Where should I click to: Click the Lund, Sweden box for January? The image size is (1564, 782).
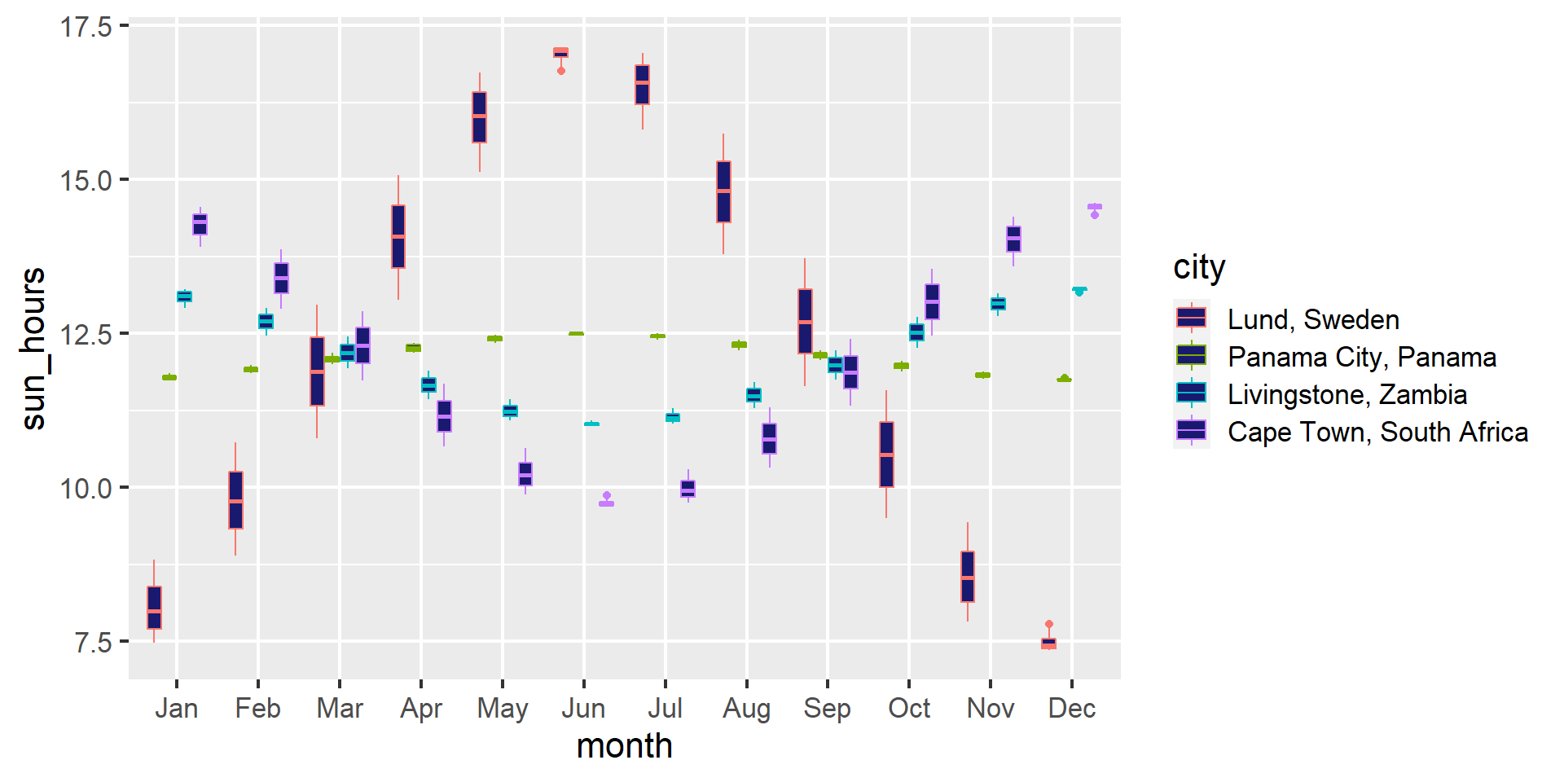click(154, 608)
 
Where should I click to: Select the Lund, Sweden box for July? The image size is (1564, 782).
click(642, 85)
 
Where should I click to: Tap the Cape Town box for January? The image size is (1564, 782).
click(200, 224)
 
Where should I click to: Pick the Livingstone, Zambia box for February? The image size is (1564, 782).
click(266, 321)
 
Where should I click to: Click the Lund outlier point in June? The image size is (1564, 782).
click(560, 71)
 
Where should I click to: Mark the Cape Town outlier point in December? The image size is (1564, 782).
click(1095, 215)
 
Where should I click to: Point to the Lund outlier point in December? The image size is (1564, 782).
click(1049, 624)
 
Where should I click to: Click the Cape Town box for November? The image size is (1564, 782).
click(1013, 239)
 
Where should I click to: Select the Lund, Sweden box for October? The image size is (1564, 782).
click(886, 455)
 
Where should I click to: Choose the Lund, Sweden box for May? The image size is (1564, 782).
click(479, 117)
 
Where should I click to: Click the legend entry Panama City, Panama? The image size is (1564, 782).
click(1361, 357)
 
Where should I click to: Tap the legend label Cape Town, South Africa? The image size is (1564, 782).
click(1377, 432)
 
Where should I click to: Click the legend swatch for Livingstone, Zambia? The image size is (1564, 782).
click(1191, 393)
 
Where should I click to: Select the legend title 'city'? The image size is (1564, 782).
click(1198, 267)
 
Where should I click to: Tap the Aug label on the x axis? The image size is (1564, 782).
click(746, 709)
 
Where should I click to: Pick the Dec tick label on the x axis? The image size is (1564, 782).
click(1071, 709)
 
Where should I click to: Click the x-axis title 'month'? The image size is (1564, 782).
click(624, 746)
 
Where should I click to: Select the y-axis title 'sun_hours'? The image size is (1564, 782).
click(34, 348)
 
